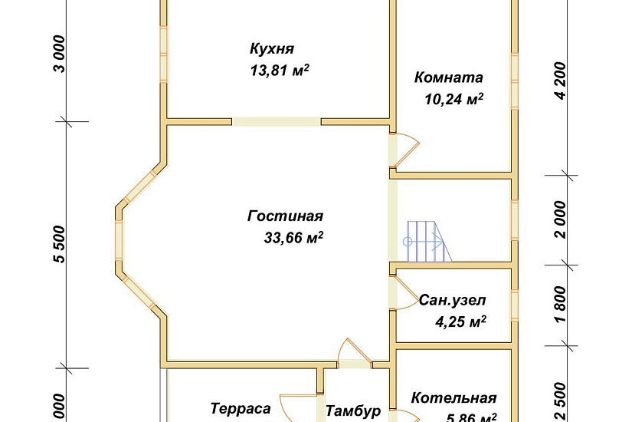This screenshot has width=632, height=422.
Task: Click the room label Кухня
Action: pyautogui.click(x=272, y=48)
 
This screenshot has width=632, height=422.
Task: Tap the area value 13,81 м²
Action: pyautogui.click(x=280, y=71)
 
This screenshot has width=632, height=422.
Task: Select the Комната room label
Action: pyautogui.click(x=448, y=77)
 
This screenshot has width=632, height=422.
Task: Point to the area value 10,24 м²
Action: pyautogui.click(x=454, y=98)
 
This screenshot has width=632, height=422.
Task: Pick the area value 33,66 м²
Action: pyautogui.click(x=293, y=239)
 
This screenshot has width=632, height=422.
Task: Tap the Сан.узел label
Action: pyautogui.click(x=452, y=300)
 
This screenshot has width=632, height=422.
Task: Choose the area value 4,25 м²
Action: pyautogui.click(x=461, y=322)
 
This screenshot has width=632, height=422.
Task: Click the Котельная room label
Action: pyautogui.click(x=454, y=398)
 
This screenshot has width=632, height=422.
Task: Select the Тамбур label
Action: pyautogui.click(x=353, y=411)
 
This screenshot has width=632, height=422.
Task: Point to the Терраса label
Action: pyautogui.click(x=241, y=409)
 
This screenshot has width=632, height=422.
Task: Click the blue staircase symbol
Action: pyautogui.click(x=425, y=241)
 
